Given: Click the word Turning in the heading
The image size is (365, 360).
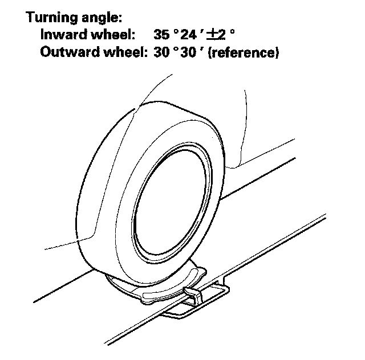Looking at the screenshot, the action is point(50,18).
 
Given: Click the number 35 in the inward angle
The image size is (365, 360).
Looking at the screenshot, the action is point(163,36).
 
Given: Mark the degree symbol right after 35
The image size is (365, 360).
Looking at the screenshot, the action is point(176,32).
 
